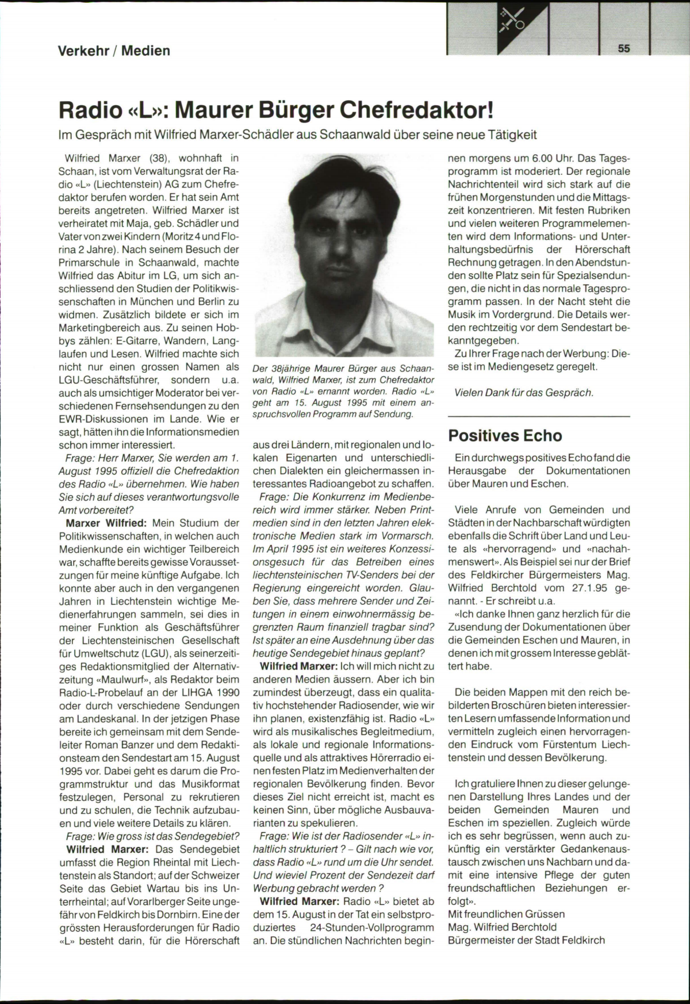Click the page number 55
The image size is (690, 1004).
click(624, 49)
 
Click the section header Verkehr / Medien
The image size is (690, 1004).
click(114, 51)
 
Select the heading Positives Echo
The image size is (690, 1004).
click(505, 435)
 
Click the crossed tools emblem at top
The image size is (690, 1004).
click(511, 19)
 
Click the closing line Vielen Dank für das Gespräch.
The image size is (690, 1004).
click(523, 393)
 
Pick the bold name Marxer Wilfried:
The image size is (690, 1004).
click(107, 523)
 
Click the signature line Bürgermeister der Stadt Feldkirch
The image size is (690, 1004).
click(526, 941)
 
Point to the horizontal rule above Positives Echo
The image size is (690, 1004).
click(539, 416)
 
